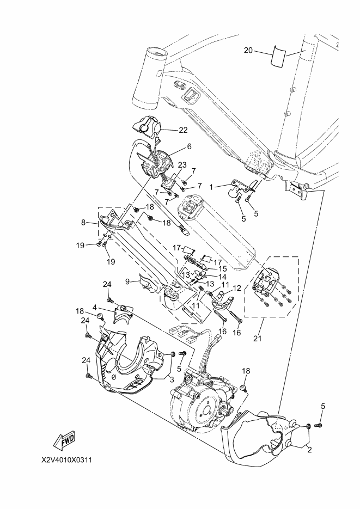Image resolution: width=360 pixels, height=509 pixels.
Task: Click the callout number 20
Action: pyautogui.click(x=248, y=50)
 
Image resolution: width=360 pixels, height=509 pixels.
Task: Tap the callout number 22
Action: pyautogui.click(x=183, y=130)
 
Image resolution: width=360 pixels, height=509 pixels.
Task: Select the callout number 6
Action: pyautogui.click(x=189, y=147)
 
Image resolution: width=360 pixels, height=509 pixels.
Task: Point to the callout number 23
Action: pyautogui.click(x=182, y=165)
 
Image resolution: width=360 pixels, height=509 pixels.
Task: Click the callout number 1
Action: pyautogui.click(x=211, y=187)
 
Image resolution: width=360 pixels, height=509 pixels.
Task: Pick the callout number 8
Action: pyautogui.click(x=83, y=223)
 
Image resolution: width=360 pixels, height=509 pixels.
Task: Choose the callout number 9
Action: pyautogui.click(x=127, y=281)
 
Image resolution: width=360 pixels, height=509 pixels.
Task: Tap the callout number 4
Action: pyautogui.click(x=94, y=307)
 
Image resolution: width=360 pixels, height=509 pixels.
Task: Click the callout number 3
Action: pyautogui.click(x=172, y=379)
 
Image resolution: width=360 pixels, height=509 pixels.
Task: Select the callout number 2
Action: pyautogui.click(x=309, y=450)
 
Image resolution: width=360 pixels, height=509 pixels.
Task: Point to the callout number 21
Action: pyautogui.click(x=257, y=339)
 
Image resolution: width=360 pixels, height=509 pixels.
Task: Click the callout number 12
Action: pyautogui.click(x=237, y=287)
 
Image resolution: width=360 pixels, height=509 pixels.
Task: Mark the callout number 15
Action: pyautogui.click(x=222, y=269)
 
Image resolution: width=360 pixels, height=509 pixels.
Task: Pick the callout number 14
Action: pyautogui.click(x=222, y=277)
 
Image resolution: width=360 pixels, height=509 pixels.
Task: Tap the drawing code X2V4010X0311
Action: pyautogui.click(x=66, y=461)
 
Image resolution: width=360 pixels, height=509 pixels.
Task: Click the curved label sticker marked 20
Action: pyautogui.click(x=280, y=56)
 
